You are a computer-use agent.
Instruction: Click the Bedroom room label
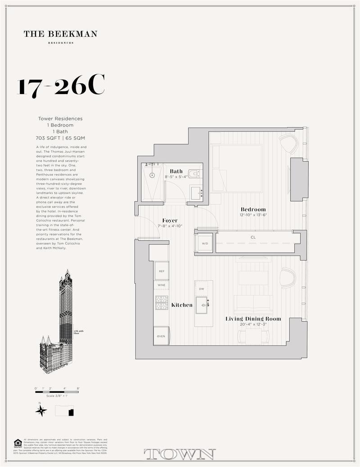253,209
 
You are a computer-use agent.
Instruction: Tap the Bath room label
176,171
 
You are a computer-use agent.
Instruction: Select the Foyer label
170,220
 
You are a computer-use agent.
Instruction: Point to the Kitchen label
182,305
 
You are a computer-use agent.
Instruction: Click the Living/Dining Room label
253,319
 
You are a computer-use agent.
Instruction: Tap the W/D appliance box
205,243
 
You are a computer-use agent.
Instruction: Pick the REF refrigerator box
161,271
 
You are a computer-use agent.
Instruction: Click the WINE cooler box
161,285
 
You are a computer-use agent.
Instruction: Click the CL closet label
253,237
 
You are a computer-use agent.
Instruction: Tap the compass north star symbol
41,410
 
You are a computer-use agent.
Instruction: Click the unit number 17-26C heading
61,86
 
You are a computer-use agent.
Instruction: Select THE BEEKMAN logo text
60,34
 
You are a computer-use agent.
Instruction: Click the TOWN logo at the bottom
180,454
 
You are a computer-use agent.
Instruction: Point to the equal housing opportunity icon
18,443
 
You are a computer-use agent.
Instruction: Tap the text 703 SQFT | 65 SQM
60,138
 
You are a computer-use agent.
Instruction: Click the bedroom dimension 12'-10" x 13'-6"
253,215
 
